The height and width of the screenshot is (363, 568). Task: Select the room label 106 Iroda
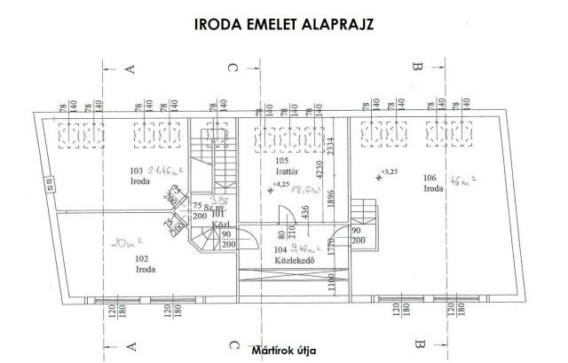click(434, 183)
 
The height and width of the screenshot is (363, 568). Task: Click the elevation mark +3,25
click(388, 170)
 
